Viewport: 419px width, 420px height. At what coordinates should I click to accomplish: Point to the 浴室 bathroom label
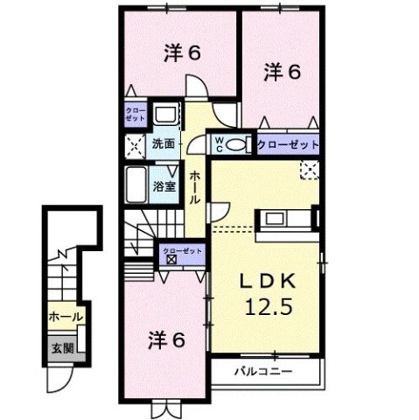pyautogui.click(x=164, y=185)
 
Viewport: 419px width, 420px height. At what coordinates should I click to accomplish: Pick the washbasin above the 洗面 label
pyautogui.click(x=164, y=115)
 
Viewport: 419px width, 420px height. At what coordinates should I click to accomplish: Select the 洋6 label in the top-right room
pyautogui.click(x=283, y=73)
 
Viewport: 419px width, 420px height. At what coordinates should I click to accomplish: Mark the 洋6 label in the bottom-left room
pyautogui.click(x=165, y=339)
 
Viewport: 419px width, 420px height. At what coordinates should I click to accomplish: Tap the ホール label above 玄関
pyautogui.click(x=65, y=317)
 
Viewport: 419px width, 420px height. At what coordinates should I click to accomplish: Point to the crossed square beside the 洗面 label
pyautogui.click(x=136, y=145)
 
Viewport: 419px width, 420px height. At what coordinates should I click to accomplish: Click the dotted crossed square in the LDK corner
pyautogui.click(x=309, y=169)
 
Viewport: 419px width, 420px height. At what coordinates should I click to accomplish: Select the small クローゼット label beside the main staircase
pyautogui.click(x=182, y=251)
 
